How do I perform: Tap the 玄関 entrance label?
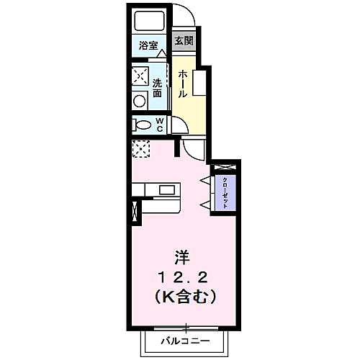click(x=184, y=40)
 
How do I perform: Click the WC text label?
click(x=159, y=125)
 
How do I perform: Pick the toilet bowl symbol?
click(x=140, y=125)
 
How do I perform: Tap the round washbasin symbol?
click(x=138, y=99)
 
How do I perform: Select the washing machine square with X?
click(x=140, y=76)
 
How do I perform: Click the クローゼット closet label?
click(x=225, y=192)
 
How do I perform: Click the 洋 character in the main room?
click(x=183, y=256)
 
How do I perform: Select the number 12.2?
click(x=184, y=275)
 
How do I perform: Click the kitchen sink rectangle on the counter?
click(x=166, y=190)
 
